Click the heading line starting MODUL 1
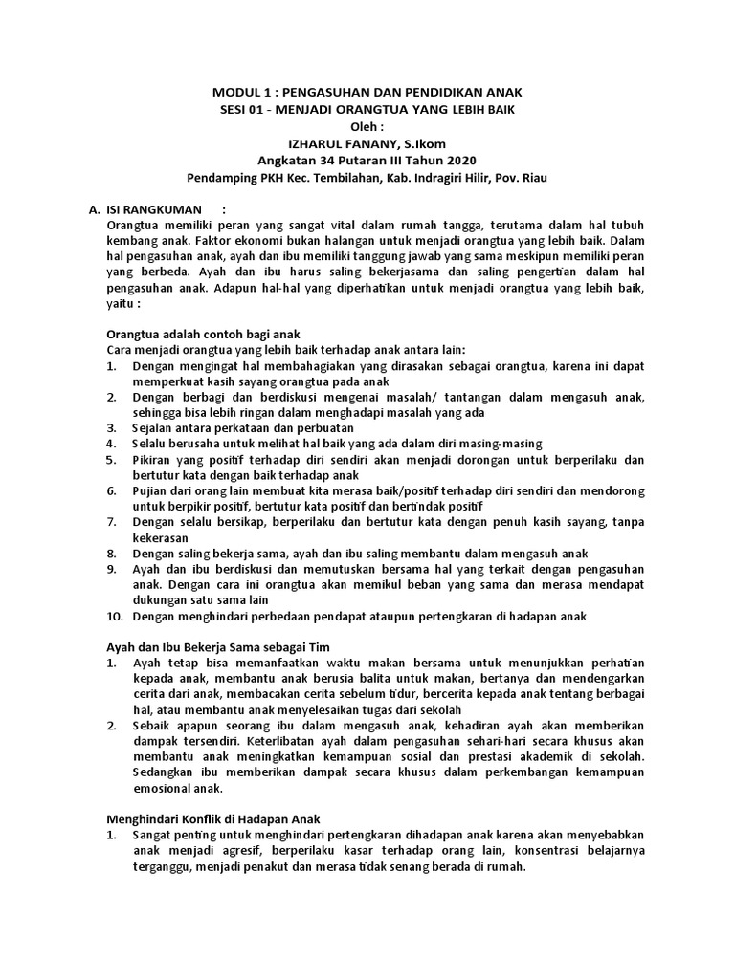coord(367,92)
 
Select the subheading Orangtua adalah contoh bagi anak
coord(202,335)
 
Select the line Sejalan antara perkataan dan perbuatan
coord(243,428)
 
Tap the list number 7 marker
coord(111,522)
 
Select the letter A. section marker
coord(94,209)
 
